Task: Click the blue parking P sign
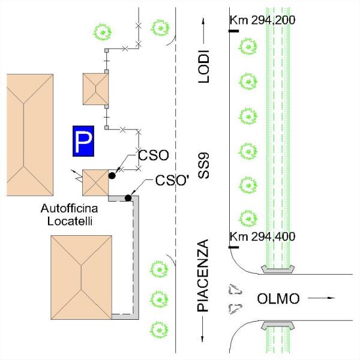[83, 142]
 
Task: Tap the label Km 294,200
[262, 20]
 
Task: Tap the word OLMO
[278, 298]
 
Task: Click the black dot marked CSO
[112, 176]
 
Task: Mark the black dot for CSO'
[128, 198]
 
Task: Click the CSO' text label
[172, 180]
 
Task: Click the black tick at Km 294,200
[234, 30]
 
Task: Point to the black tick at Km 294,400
[234, 247]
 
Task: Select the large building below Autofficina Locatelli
[82, 275]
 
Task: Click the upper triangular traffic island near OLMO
[234, 290]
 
